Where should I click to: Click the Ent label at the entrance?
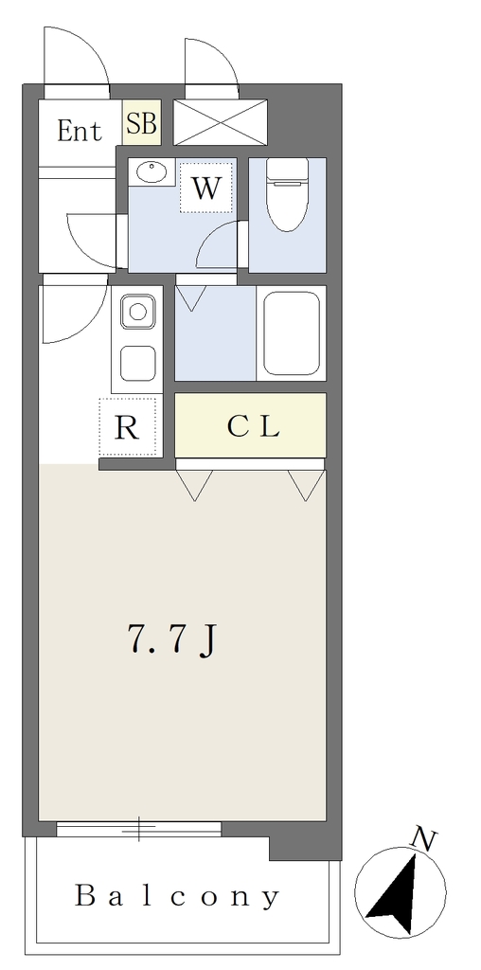pyautogui.click(x=80, y=131)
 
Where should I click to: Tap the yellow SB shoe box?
pyautogui.click(x=142, y=122)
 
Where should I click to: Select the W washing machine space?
pyautogui.click(x=205, y=188)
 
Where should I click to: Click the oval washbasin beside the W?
pyautogui.click(x=152, y=171)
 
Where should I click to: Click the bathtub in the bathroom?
pyautogui.click(x=292, y=332)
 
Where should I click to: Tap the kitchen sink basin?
pyautogui.click(x=138, y=312)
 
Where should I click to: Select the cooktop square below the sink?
pyautogui.click(x=138, y=363)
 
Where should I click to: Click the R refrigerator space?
pyautogui.click(x=128, y=427)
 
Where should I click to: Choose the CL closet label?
pyautogui.click(x=254, y=426)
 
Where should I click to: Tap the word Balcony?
pyautogui.click(x=177, y=896)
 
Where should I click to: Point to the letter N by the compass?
pyautogui.click(x=425, y=840)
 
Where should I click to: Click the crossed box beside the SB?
pyautogui.click(x=220, y=122)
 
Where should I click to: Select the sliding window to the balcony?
pyautogui.click(x=138, y=829)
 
